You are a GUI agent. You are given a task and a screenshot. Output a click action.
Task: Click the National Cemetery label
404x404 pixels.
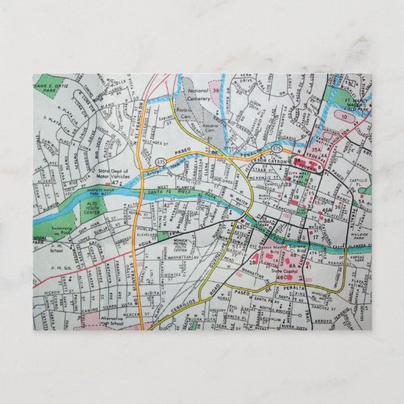click(x=197, y=95)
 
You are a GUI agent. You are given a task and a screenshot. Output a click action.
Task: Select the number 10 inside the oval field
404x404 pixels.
click(x=345, y=117)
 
